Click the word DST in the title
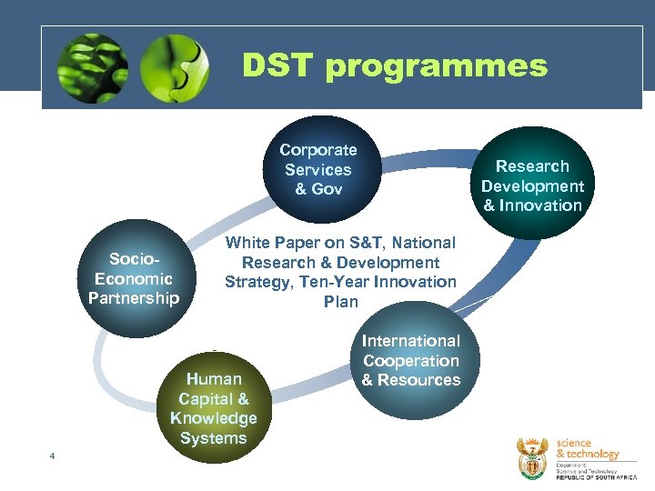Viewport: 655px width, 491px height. point(278,65)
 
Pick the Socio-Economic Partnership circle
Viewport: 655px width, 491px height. point(135,278)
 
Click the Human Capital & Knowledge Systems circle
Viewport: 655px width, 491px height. point(214,408)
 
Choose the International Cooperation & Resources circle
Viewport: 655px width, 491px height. point(411,361)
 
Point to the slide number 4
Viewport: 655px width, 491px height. point(53,456)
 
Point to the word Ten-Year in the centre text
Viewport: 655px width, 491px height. point(330,282)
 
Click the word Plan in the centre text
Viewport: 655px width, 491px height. point(341,302)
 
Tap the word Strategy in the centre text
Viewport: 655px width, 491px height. point(258,282)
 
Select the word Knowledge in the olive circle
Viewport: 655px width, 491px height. point(214,418)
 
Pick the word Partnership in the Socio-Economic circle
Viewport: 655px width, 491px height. point(134,298)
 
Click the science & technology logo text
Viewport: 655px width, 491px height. point(587,448)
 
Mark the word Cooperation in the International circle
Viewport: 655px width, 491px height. point(411,360)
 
